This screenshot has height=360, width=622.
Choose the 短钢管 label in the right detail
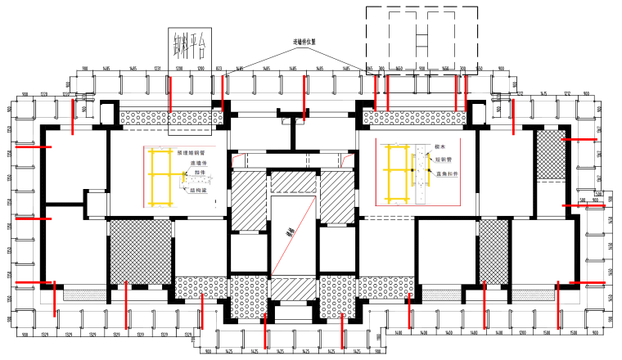tap(444, 160)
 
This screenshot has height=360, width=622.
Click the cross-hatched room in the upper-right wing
tap(549, 155)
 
